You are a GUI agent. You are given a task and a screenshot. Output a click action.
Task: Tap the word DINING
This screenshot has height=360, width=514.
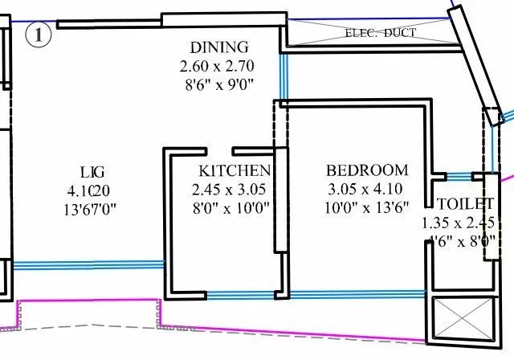pyautogui.click(x=219, y=47)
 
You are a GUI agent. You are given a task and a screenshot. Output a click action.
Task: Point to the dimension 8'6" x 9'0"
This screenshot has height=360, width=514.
pyautogui.click(x=219, y=84)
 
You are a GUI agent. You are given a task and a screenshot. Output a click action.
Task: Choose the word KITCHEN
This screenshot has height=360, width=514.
pyautogui.click(x=235, y=171)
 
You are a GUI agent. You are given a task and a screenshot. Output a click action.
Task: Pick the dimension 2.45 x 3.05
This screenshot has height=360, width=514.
pyautogui.click(x=228, y=190)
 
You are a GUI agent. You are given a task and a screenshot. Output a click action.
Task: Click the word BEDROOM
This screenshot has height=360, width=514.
pyautogui.click(x=367, y=170)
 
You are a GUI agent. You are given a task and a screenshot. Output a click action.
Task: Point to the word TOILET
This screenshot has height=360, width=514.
pyautogui.click(x=466, y=204)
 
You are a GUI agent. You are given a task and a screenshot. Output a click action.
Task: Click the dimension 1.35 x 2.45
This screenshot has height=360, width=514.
pyautogui.click(x=463, y=223)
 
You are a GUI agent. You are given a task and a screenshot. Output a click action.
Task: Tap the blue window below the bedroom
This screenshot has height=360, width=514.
pyautogui.click(x=357, y=294)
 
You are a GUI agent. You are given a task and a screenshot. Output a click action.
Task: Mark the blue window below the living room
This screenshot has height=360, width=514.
pyautogui.click(x=88, y=264)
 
